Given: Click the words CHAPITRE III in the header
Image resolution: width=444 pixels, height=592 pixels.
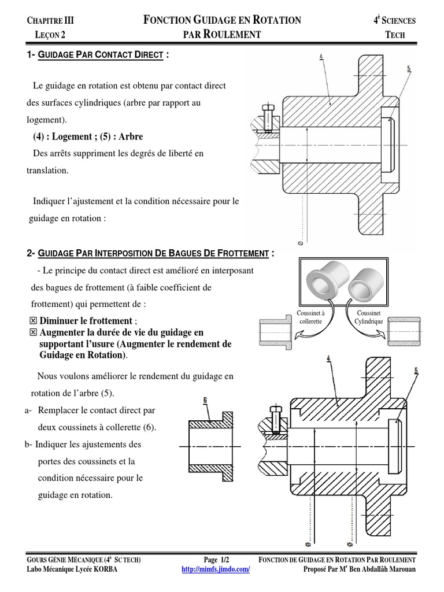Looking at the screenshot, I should point(51,21).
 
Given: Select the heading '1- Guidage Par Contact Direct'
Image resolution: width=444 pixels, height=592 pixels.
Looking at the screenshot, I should point(98,55).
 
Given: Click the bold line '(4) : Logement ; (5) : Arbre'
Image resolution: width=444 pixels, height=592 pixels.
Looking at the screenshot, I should point(88,136).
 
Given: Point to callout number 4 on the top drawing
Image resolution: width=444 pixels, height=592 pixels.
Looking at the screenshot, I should point(320,56).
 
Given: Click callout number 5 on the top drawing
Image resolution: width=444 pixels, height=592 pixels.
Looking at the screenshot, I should point(409,68).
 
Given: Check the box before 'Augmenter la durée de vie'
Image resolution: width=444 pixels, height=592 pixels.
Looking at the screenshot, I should point(32,332).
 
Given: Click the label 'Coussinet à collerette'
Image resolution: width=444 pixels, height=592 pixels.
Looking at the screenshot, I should point(310,316).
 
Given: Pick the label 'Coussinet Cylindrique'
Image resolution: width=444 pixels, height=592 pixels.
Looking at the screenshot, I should point(368,316).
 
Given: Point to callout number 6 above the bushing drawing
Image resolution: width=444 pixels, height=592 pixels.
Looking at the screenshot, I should point(205,399).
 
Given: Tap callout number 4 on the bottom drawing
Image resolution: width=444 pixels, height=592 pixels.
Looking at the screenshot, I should point(329,358).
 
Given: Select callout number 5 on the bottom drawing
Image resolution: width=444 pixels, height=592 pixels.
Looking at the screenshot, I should point(416,370).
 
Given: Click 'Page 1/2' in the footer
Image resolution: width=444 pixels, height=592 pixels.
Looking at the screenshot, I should point(217,560).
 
